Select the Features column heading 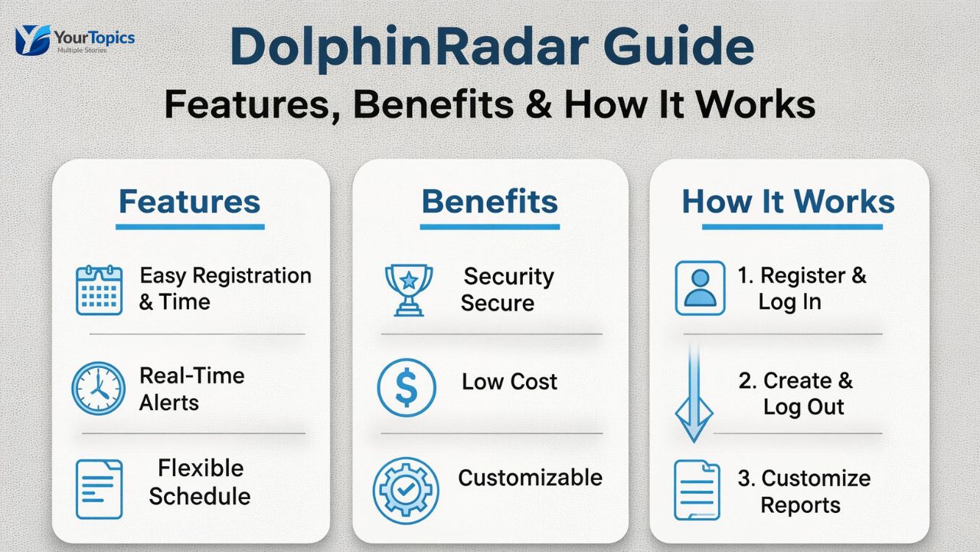189,202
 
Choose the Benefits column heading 489,202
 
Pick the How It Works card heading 788,202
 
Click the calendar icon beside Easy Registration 99,290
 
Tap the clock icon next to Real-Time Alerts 98,389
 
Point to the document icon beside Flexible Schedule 99,489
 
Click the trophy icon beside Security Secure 407,290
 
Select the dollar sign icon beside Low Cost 407,389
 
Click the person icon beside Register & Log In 700,288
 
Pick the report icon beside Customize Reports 697,491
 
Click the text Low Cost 509,382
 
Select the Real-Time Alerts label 191,389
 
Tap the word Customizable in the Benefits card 530,478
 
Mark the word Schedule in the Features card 200,496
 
